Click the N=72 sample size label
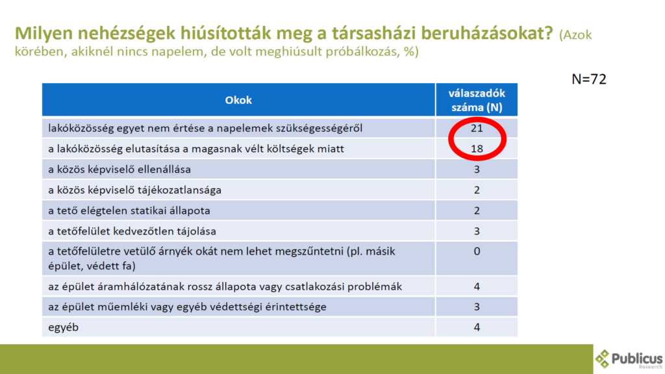tap(588, 79)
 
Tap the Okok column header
tap(238, 100)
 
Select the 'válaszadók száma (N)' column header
tap(477, 100)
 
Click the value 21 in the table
tap(477, 128)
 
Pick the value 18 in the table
tap(477, 149)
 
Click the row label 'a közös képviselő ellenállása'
tap(119, 169)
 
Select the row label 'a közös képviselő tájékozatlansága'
tap(135, 190)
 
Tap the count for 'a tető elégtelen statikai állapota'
tap(477, 211)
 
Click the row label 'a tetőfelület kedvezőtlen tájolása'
tap(132, 231)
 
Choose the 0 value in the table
tap(477, 251)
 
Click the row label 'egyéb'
tap(63, 327)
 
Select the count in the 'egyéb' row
tap(477, 327)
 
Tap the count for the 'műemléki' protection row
tap(477, 306)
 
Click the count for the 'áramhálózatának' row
tap(477, 286)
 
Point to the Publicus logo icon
tap(602, 359)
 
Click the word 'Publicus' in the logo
tap(637, 358)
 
